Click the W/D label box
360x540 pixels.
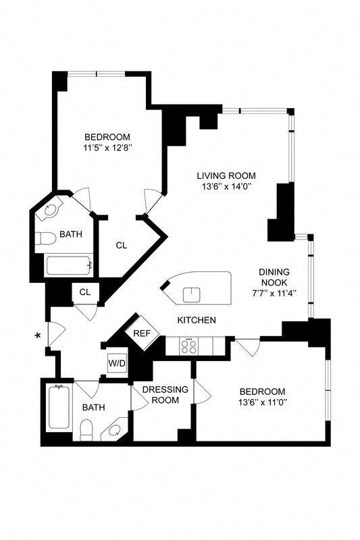tap(117, 363)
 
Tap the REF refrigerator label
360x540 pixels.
tap(141, 333)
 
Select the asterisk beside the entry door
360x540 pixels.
tap(38, 335)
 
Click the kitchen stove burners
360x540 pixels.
tap(189, 346)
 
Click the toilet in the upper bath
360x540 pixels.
tap(45, 239)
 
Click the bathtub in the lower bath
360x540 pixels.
tap(58, 406)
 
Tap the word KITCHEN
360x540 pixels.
tap(197, 320)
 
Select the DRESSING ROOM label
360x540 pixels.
tap(161, 395)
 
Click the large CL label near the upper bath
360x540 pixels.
tap(121, 246)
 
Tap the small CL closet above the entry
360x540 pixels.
tap(85, 292)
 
